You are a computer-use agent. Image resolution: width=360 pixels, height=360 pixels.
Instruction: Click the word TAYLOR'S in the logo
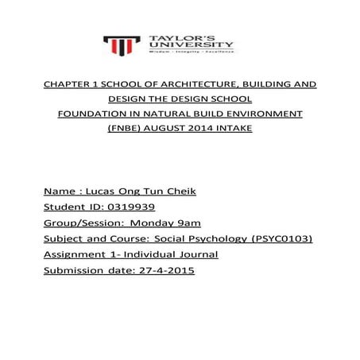[x=173, y=37]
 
